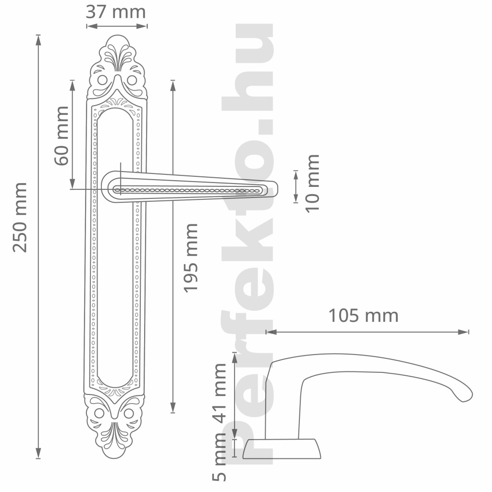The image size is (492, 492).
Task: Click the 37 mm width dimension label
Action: click(x=116, y=12)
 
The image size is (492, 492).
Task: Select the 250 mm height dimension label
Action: click(x=20, y=217)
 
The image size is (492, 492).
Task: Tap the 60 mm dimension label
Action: click(x=61, y=135)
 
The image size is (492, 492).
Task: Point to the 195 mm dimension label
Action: click(x=190, y=258)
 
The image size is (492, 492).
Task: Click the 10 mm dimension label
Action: click(x=312, y=184)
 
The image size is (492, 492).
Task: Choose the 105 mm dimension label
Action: click(x=363, y=316)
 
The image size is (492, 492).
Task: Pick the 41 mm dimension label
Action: click(x=219, y=394)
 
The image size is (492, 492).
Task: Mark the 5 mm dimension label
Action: click(x=219, y=457)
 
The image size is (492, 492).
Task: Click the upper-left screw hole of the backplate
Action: click(x=102, y=80)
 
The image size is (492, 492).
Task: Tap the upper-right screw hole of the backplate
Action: click(x=132, y=80)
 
